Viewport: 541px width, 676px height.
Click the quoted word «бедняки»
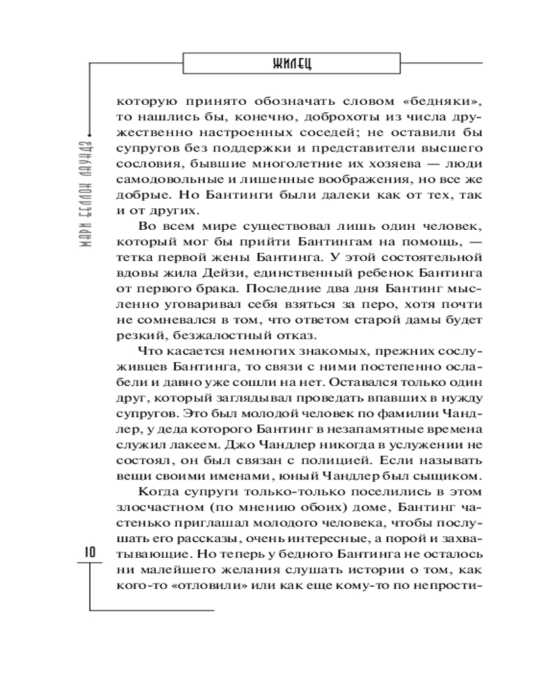point(438,102)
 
